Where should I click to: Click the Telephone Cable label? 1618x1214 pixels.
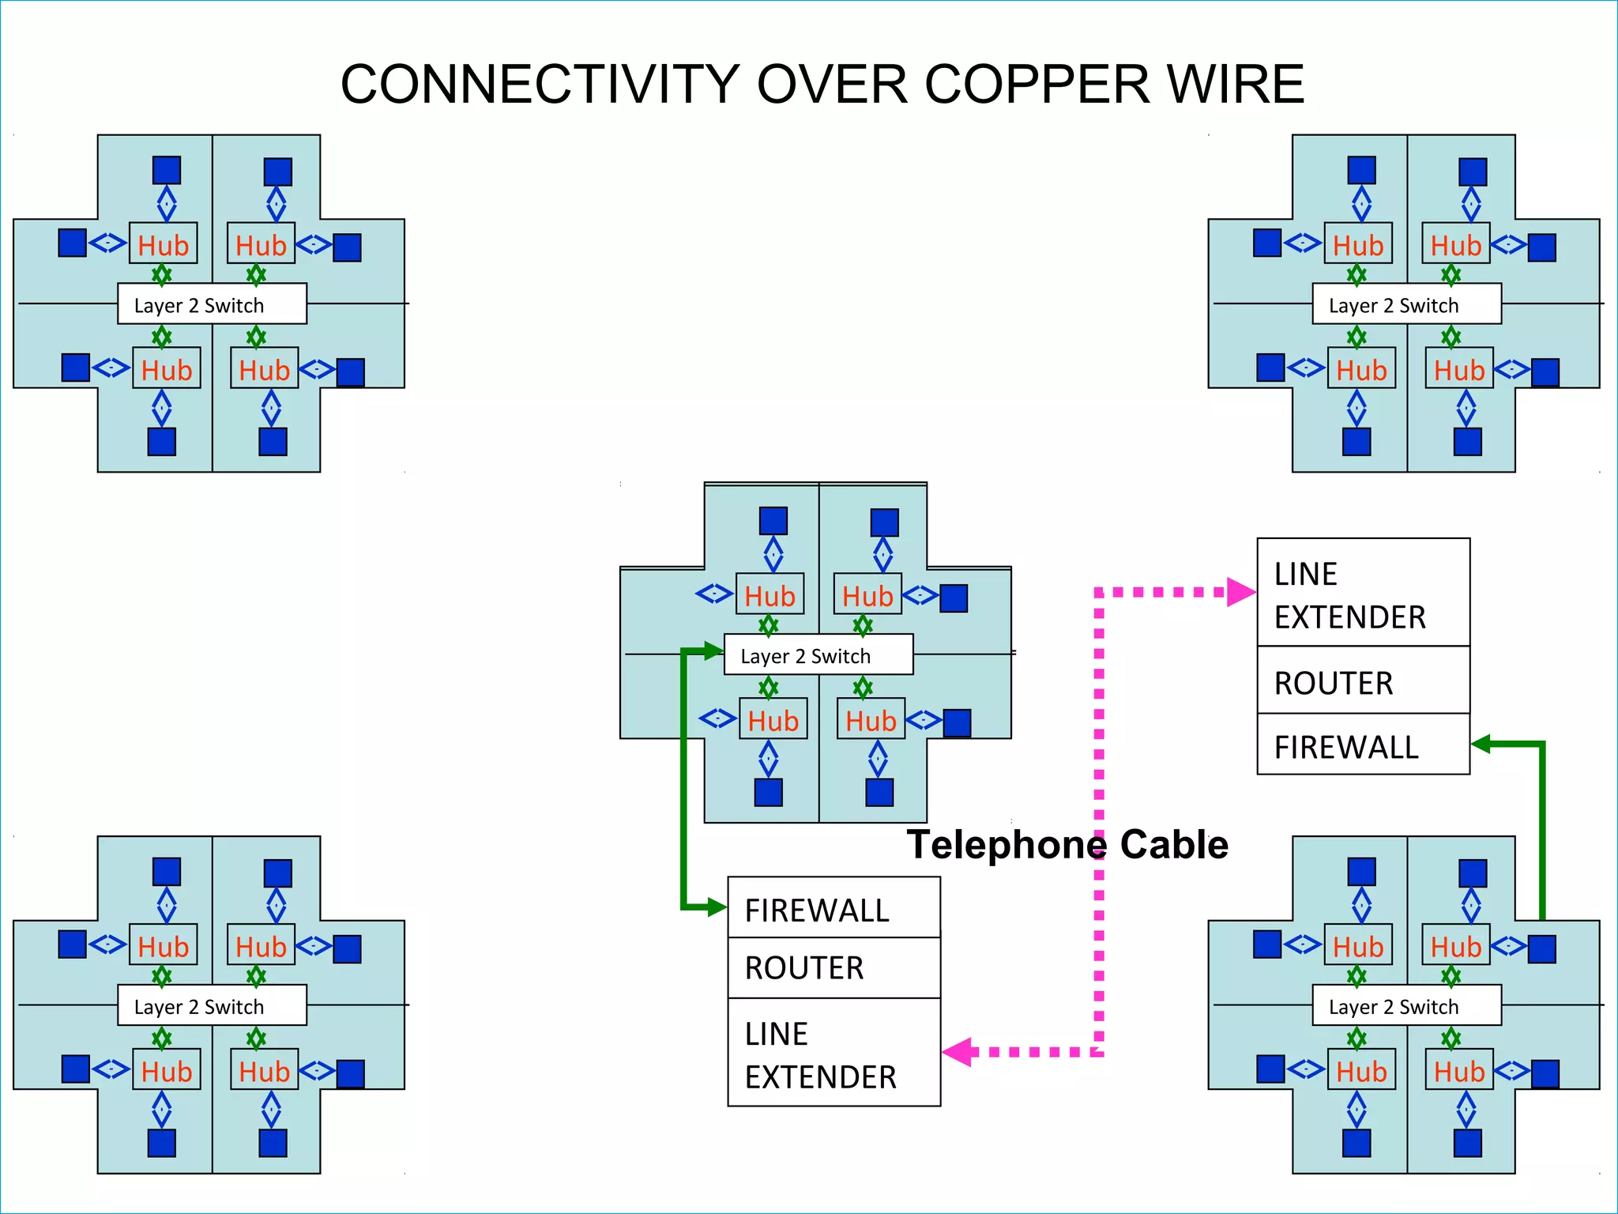1067,844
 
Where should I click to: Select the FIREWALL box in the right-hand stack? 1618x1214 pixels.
1363,745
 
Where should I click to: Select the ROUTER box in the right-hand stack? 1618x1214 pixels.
1363,681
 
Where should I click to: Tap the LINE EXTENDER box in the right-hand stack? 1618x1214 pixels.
1363,594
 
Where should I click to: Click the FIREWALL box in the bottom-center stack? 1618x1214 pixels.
833,909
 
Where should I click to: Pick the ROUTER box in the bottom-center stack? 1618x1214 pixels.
833,967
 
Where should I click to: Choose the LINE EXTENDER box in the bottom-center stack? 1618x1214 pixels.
833,1054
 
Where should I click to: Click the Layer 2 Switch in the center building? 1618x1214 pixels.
818,655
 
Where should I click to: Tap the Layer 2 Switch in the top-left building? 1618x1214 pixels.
212,304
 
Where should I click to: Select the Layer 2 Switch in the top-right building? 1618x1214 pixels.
1406,304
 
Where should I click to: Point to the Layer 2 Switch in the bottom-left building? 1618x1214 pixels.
212,1005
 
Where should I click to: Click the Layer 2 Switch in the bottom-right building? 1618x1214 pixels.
1406,1005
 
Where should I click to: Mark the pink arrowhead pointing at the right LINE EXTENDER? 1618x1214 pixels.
1240,592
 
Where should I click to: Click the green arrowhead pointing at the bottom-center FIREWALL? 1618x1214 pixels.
716,907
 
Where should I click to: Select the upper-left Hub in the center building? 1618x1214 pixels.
769,595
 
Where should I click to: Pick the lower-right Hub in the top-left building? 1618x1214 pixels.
264,369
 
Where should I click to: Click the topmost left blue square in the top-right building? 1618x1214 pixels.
1361,170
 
